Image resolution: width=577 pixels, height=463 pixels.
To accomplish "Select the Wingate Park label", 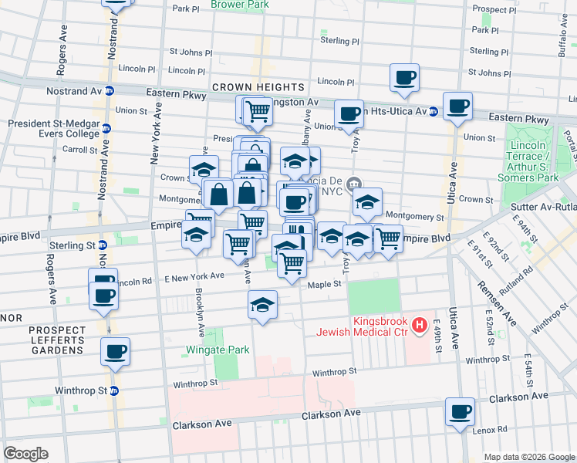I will [218, 350].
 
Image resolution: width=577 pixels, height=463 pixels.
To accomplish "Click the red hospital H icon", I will [420, 326].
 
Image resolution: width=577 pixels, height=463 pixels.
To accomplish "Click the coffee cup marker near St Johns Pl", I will [404, 77].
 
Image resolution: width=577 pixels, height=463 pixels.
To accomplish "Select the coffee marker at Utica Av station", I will [457, 106].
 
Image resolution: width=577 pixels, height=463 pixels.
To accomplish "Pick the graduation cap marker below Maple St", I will [262, 305].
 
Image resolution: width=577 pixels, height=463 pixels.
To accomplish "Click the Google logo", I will [25, 454].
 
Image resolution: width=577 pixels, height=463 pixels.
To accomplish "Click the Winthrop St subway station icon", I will [114, 390].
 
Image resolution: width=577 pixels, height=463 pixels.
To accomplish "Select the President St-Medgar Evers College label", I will [54, 128].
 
